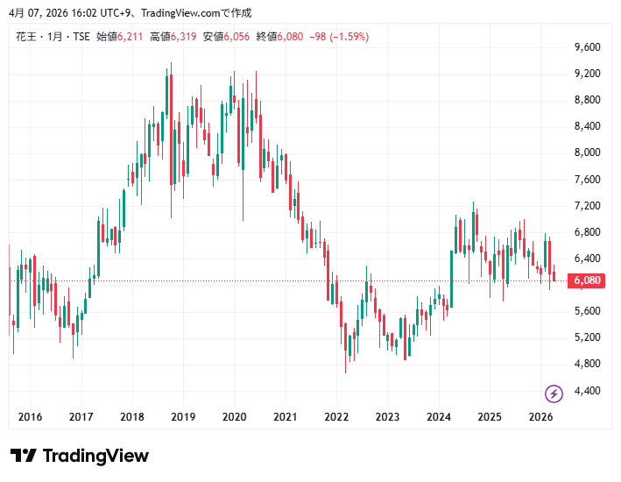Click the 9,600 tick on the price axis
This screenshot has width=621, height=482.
587,47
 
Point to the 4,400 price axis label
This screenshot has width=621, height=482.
587,390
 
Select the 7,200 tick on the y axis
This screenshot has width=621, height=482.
587,206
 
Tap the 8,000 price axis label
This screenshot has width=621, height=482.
587,152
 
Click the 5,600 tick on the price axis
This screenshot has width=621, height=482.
587,311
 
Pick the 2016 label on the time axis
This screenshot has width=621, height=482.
30,417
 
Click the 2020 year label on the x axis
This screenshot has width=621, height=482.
234,417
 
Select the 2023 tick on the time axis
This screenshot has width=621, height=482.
387,417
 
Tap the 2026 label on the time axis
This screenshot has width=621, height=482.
540,417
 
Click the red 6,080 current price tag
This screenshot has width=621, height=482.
586,280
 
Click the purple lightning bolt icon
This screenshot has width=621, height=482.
554,393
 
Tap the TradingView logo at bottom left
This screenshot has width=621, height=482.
80,456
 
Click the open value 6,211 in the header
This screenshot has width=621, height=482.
131,37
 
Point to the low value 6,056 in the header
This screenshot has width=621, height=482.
237,37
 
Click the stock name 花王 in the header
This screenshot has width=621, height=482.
25,37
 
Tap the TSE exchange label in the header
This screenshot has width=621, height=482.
80,37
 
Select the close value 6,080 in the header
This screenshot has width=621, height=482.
291,37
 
